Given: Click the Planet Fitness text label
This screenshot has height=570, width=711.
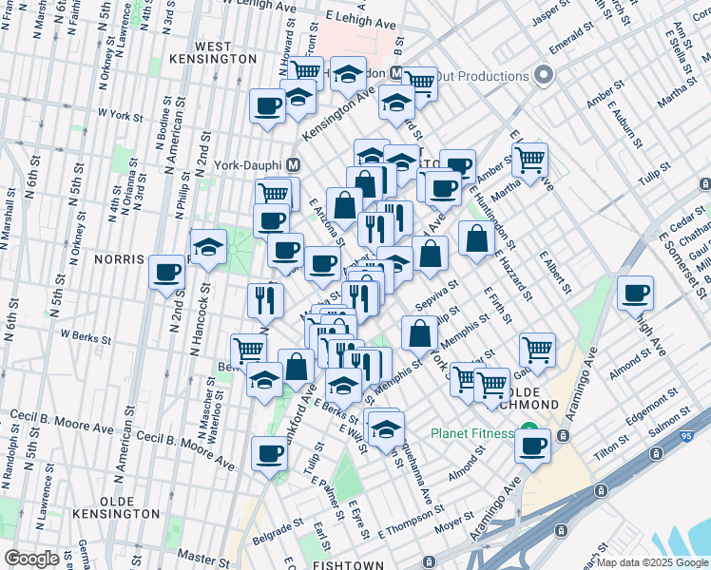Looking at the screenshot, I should tap(471, 433).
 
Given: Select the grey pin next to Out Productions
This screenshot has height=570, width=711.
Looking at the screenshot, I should tap(544, 75).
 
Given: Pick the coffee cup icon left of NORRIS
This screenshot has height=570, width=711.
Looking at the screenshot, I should tap(167, 272).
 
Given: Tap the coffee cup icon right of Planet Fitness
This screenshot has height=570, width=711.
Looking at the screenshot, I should tap(533, 444).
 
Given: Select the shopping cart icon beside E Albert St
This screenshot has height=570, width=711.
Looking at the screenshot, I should tap(537, 348).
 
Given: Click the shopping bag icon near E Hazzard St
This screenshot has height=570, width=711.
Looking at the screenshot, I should tap(475, 237).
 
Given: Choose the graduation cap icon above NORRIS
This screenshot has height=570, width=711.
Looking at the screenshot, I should tap(208, 248).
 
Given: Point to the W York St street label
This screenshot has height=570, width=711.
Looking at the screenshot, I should tap(122, 117).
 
